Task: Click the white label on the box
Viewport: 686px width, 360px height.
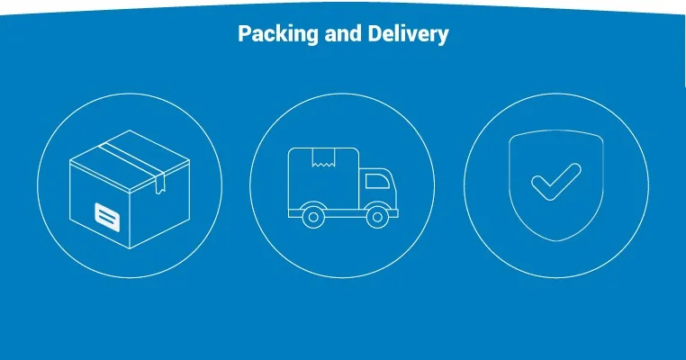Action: click(x=107, y=214)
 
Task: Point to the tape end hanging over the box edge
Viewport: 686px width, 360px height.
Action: click(x=159, y=185)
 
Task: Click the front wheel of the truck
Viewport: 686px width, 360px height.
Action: click(x=381, y=216)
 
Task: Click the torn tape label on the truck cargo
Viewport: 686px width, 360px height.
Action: click(x=322, y=158)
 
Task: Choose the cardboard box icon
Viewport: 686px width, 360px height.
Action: click(x=131, y=193)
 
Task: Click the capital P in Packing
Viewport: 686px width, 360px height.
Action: click(x=244, y=35)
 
